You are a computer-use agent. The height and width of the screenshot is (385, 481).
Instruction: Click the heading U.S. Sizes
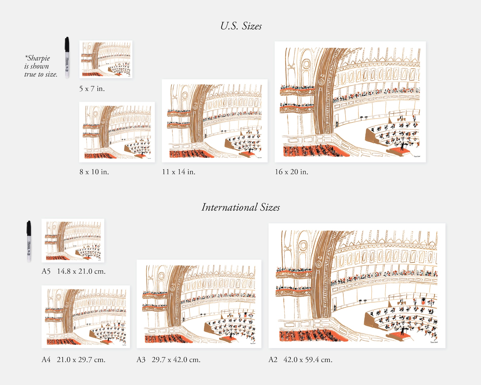click(x=241, y=26)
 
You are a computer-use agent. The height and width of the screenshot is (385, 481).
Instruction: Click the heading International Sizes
click(x=240, y=207)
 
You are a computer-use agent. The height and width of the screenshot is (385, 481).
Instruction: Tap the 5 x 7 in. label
click(x=92, y=89)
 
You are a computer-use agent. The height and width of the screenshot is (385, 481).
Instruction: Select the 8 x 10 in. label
click(x=94, y=172)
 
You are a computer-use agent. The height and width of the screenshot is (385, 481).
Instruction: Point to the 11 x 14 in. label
click(x=178, y=172)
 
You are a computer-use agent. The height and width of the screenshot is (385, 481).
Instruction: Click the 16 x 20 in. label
click(x=291, y=172)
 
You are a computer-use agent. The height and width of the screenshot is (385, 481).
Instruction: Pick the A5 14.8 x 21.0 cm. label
click(x=74, y=271)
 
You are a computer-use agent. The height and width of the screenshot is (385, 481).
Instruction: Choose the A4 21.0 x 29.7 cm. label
click(x=74, y=360)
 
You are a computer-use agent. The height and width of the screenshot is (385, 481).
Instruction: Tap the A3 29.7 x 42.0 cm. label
click(x=168, y=360)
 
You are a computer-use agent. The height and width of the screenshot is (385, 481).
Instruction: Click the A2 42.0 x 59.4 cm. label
click(x=300, y=360)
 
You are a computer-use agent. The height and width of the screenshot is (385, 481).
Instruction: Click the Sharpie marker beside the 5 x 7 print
click(x=67, y=58)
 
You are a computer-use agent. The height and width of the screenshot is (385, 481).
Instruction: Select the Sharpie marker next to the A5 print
click(x=29, y=241)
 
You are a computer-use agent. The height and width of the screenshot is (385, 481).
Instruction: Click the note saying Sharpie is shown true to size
click(x=41, y=66)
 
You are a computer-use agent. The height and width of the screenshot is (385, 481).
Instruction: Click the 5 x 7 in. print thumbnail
click(x=106, y=59)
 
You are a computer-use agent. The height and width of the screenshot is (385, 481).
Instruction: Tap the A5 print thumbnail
click(x=73, y=240)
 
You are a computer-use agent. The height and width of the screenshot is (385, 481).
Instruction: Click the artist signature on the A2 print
click(x=434, y=342)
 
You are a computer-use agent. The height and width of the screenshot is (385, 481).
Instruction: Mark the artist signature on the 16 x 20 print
click(x=417, y=156)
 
